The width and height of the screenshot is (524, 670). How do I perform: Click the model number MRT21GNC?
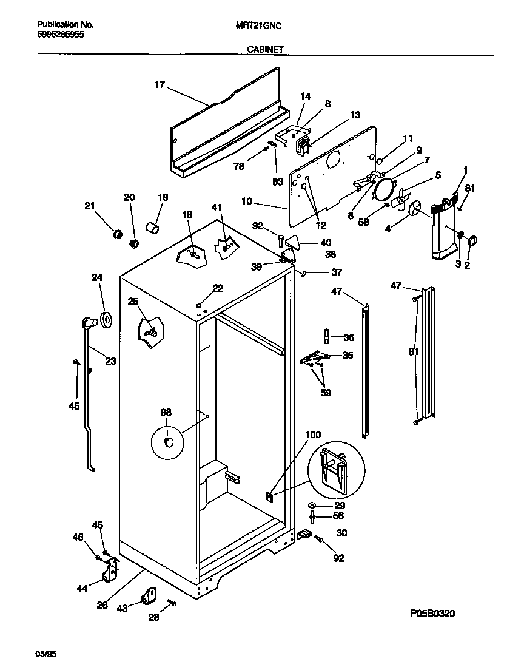click(x=258, y=25)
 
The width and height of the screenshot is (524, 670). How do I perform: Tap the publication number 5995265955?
click(x=61, y=35)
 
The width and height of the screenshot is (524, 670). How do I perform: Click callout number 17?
click(x=159, y=86)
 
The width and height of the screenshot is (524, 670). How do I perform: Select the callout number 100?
click(x=313, y=435)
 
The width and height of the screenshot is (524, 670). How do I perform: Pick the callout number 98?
click(x=166, y=412)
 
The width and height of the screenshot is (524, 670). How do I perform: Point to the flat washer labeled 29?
click(x=312, y=506)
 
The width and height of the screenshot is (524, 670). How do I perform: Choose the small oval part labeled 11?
click(x=379, y=161)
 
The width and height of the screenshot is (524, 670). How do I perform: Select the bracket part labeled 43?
click(x=149, y=597)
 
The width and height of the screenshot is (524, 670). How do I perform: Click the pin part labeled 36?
click(x=327, y=336)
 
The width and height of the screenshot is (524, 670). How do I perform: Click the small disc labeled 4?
click(x=415, y=209)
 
